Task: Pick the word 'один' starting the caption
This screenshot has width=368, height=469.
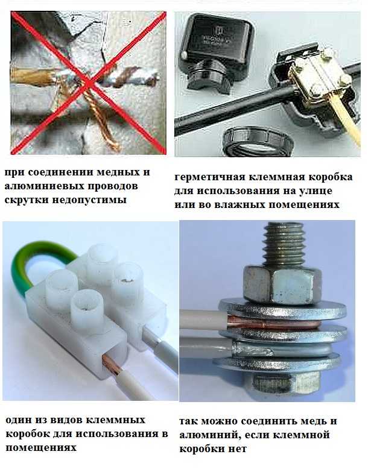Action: click(19, 420)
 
